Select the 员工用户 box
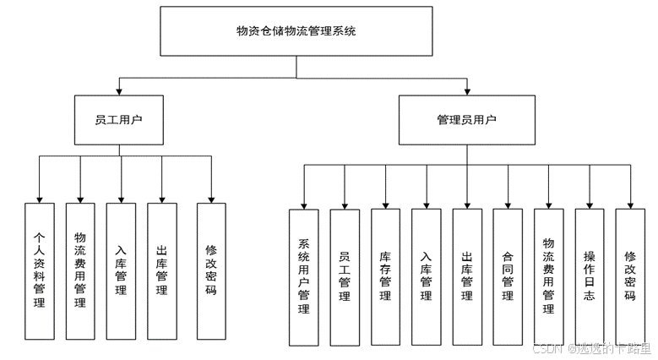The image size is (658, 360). click(118, 119)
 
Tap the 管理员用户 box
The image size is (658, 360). click(466, 119)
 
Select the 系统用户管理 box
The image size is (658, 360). click(304, 278)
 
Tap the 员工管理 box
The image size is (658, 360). click(345, 278)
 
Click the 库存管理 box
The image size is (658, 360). click(385, 278)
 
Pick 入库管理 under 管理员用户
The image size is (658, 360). click(426, 278)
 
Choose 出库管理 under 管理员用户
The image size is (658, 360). click(466, 278)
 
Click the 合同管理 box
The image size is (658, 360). click(508, 278)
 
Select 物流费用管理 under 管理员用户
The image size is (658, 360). click(548, 278)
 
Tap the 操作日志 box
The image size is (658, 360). click(590, 278)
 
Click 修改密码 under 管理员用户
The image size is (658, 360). click(630, 278)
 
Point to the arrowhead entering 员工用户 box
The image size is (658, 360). click(118, 90)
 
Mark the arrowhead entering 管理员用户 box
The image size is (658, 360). click(466, 90)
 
